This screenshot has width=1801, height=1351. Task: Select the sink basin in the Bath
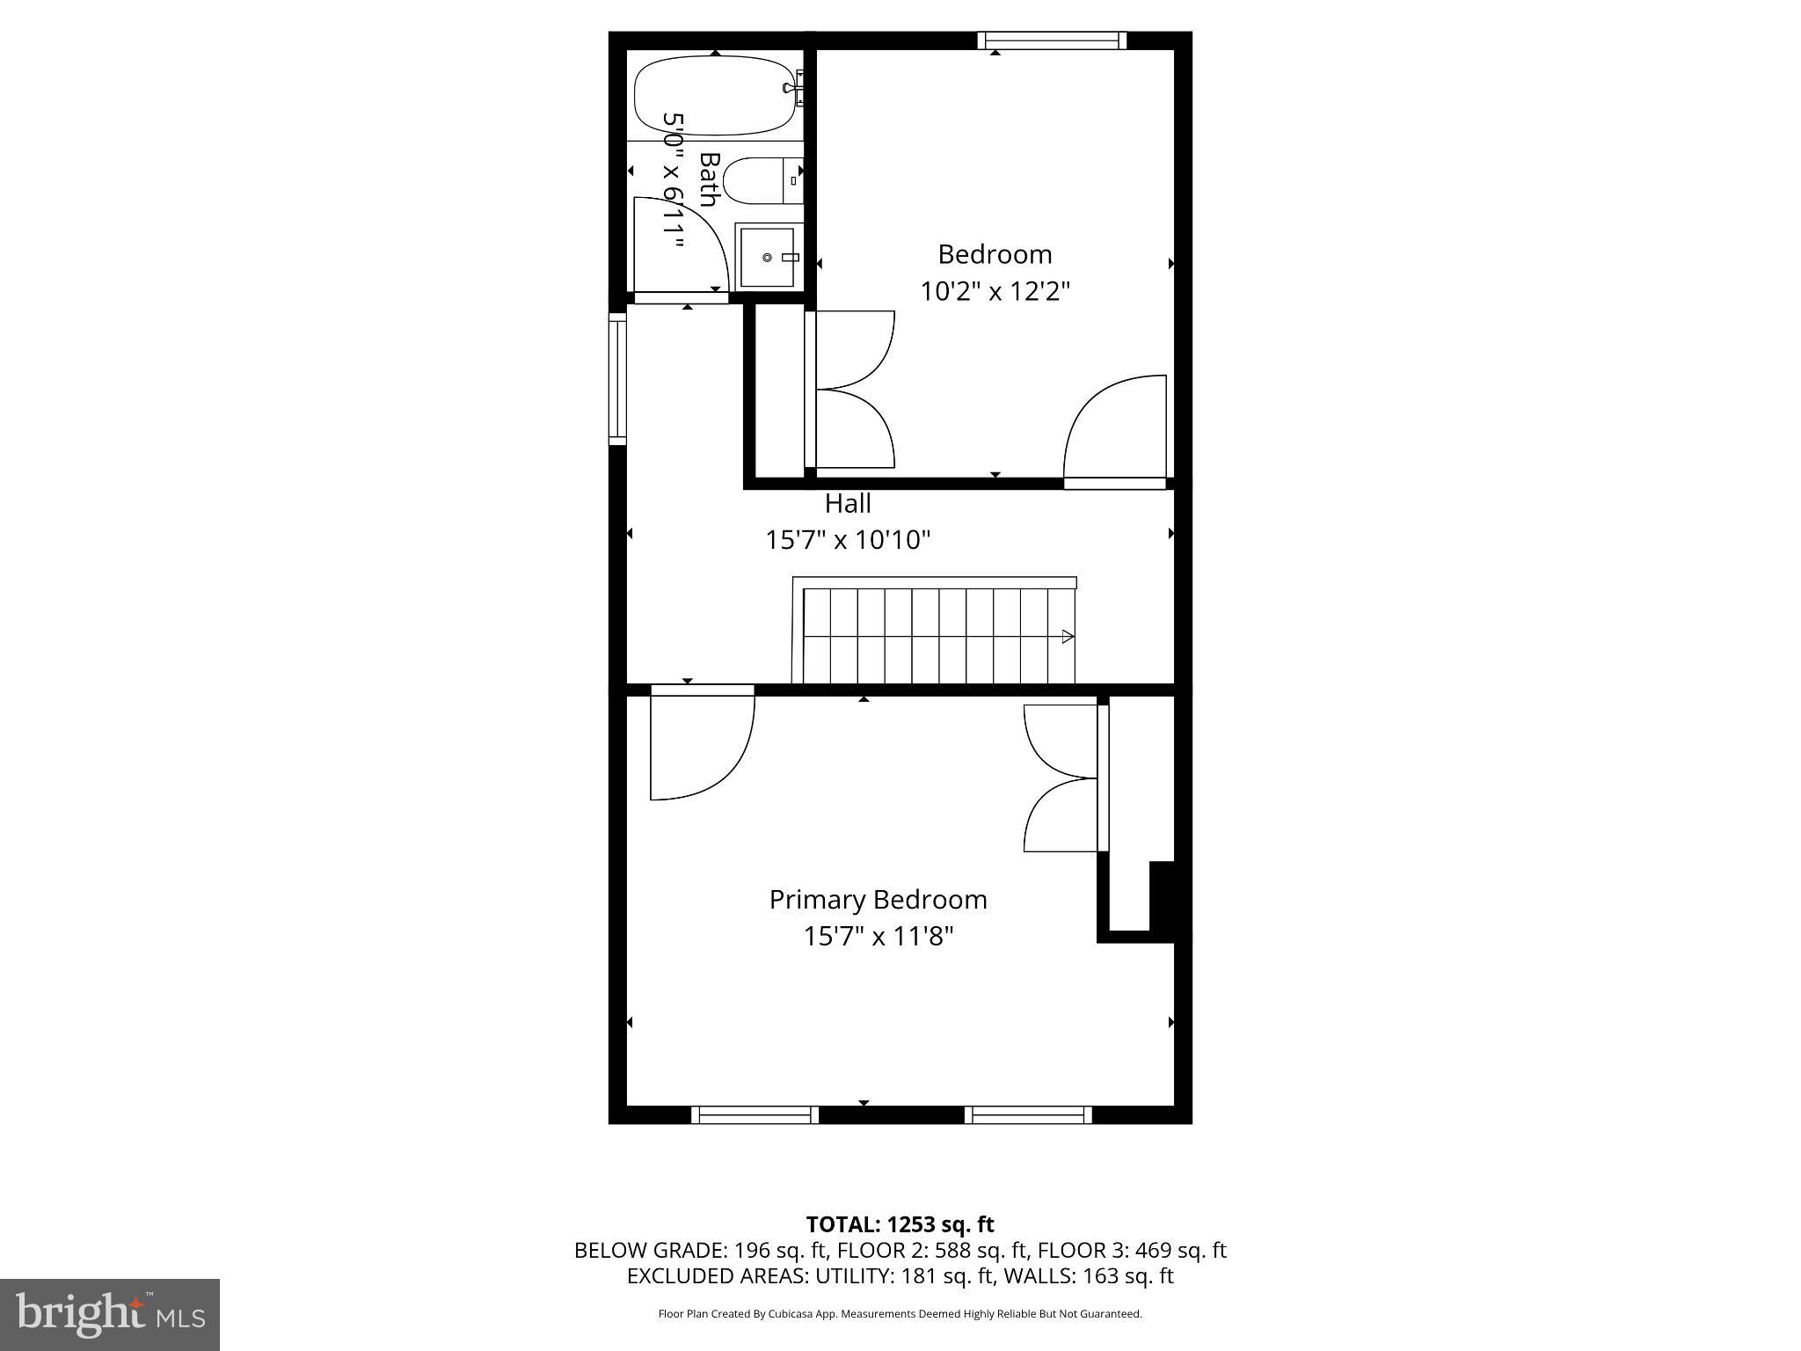[768, 257]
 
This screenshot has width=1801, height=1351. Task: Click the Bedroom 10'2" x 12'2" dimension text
[995, 290]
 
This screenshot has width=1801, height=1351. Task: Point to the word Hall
[848, 504]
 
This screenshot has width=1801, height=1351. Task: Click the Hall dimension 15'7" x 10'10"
[848, 539]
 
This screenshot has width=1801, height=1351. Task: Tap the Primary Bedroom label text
[878, 900]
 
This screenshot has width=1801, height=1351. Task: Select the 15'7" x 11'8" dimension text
[878, 936]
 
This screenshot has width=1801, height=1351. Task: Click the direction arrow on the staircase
[1067, 636]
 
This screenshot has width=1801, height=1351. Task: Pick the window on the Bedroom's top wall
[1052, 40]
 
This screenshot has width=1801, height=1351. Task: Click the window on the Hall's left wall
[617, 378]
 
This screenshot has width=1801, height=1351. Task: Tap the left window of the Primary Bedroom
[755, 1114]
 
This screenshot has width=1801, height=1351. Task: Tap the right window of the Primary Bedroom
[1028, 1114]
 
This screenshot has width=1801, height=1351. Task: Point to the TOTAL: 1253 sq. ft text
[900, 1224]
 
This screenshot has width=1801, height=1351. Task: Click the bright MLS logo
[109, 1314]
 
